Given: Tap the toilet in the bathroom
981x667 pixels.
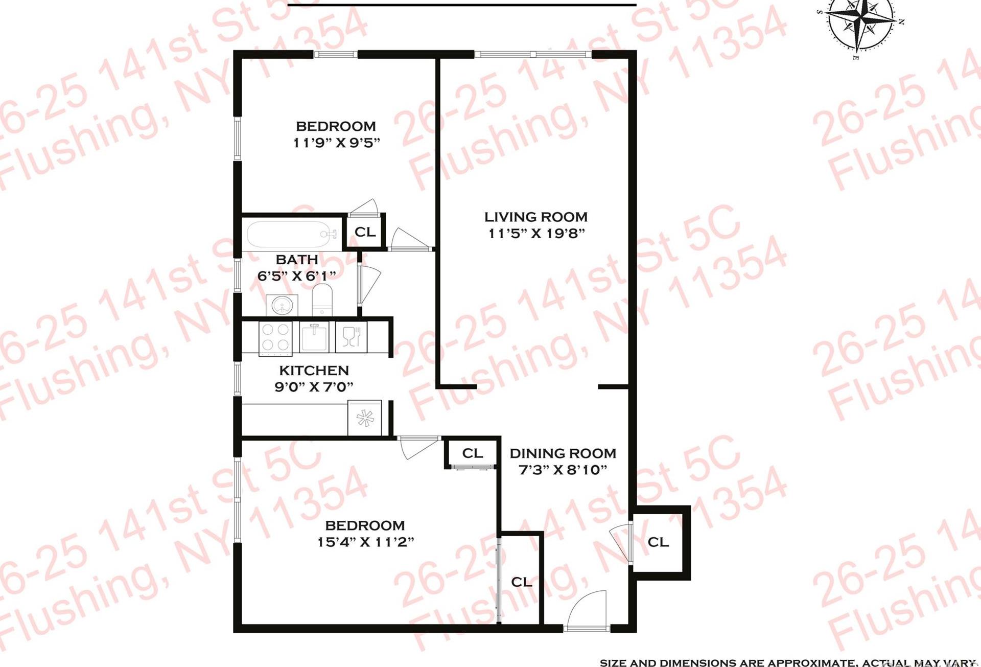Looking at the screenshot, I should pyautogui.click(x=322, y=300).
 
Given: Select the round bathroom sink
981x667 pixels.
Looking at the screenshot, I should pyautogui.click(x=281, y=306).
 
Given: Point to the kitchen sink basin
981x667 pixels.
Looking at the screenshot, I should pyautogui.click(x=314, y=338).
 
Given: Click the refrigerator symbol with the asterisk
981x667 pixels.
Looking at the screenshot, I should pyautogui.click(x=365, y=418).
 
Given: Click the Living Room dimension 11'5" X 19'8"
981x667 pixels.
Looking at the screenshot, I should pyautogui.click(x=536, y=234).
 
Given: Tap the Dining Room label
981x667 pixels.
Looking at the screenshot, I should pyautogui.click(x=563, y=453).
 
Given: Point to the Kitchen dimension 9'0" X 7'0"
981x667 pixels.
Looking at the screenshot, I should pyautogui.click(x=314, y=387).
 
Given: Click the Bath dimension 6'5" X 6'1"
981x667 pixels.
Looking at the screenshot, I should pyautogui.click(x=296, y=277).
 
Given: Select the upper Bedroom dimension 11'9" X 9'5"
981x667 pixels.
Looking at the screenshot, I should pyautogui.click(x=336, y=143).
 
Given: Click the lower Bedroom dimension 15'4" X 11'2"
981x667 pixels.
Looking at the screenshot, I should pyautogui.click(x=365, y=542).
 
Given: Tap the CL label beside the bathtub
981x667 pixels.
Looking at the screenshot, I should pyautogui.click(x=365, y=233).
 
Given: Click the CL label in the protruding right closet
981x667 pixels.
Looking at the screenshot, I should pyautogui.click(x=658, y=542).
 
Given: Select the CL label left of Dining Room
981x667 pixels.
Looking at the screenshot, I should pyautogui.click(x=472, y=453).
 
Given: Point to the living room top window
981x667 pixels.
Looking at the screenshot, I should pyautogui.click(x=533, y=54).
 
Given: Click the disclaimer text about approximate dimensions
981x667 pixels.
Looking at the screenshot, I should pyautogui.click(x=789, y=662).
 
